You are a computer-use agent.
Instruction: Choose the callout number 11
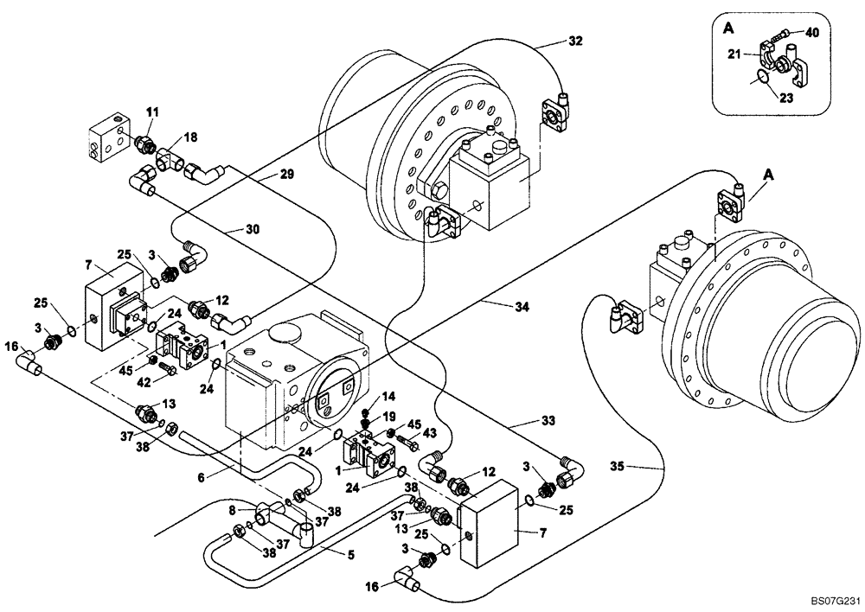coord(152,112)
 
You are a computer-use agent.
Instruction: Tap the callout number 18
coord(190,137)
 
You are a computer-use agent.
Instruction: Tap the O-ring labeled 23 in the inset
coord(760,79)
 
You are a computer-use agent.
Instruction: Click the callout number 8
coord(232,510)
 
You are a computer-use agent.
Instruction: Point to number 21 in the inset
coord(733,54)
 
